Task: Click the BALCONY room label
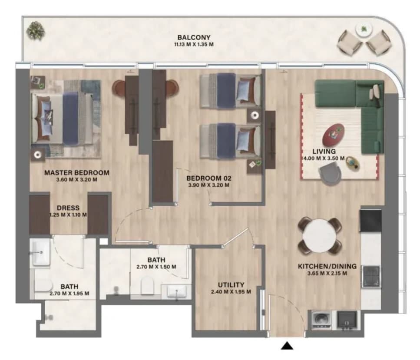point(194,37)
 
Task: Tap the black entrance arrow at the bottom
point(287,346)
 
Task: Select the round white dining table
point(319,236)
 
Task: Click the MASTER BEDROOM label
point(77,173)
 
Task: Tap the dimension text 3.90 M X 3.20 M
point(208,185)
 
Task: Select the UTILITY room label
point(231,285)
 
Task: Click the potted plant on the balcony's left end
point(36,31)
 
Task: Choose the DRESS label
point(68,208)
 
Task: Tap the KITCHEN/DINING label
point(327,266)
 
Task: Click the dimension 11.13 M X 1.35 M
point(194,44)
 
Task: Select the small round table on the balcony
point(364,29)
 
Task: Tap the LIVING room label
point(324,152)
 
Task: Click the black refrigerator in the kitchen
point(371,220)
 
